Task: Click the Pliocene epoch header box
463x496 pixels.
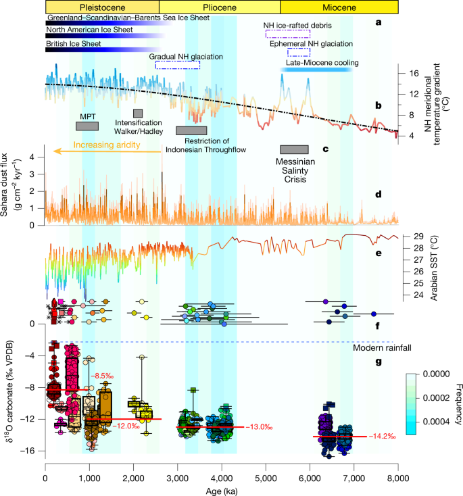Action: tap(220, 6)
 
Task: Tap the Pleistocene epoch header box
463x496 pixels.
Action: tap(103, 6)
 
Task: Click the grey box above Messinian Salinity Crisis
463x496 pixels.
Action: tap(294, 150)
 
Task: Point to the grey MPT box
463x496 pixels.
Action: tap(87, 126)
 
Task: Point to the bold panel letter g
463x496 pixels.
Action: tap(379, 362)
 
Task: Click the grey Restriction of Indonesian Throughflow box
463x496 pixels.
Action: tap(191, 130)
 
